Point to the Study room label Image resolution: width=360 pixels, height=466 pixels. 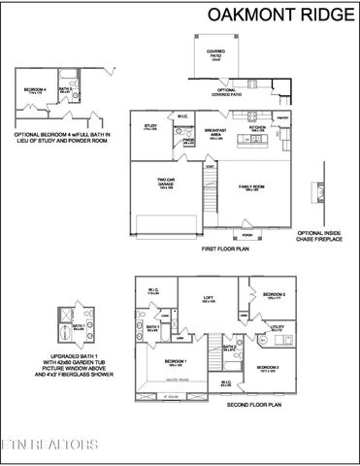tap(151, 127)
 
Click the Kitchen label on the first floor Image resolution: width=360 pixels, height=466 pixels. tap(257, 127)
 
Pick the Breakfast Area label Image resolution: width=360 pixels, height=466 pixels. tap(216, 133)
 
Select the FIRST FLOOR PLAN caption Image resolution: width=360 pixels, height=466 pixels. tap(225, 250)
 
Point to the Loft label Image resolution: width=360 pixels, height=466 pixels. tap(208, 300)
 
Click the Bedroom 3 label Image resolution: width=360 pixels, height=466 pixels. tap(270, 368)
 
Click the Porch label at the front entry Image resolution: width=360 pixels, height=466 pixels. tap(246, 235)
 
